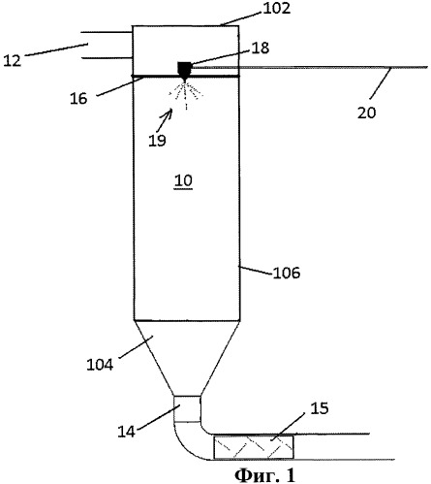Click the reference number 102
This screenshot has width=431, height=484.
point(277,9)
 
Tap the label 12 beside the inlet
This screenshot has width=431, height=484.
point(12,60)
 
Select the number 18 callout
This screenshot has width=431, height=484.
point(261,48)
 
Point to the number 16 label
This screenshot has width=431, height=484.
point(78,98)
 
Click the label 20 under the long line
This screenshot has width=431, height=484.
point(367,113)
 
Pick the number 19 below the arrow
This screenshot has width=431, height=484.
point(157,141)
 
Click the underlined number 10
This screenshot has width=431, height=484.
point(183,181)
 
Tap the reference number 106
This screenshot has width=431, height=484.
point(287,274)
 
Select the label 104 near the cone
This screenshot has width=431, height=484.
point(100,365)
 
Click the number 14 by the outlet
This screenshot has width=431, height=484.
point(126,432)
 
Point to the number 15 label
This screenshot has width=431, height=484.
point(320,408)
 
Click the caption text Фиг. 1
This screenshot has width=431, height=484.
point(264,475)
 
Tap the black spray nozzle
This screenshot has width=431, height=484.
point(185,71)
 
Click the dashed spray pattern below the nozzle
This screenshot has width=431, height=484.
point(186,95)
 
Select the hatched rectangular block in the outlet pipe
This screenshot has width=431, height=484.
point(254,447)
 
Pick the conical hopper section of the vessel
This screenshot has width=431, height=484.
point(187,358)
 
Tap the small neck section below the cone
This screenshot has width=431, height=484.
point(187,408)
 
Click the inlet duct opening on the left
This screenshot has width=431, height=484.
point(107,46)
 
